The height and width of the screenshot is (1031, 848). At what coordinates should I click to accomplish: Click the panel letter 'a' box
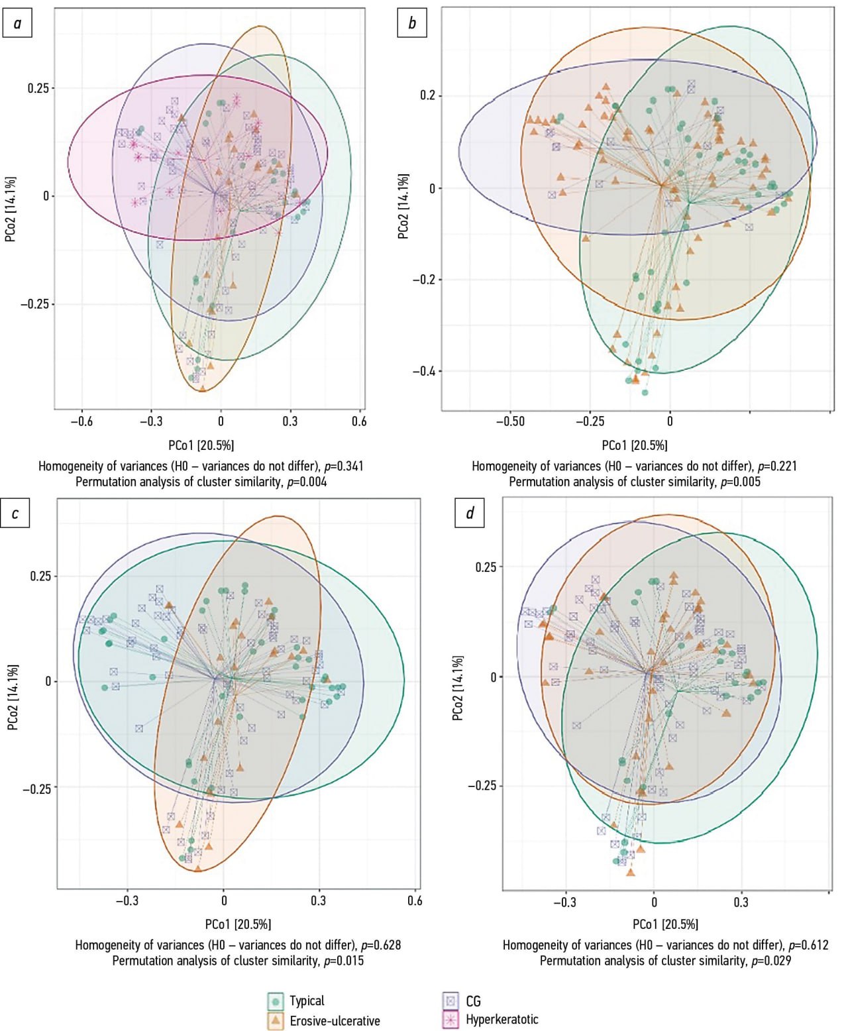click(x=17, y=24)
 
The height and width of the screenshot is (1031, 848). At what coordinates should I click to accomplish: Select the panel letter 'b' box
click(x=412, y=24)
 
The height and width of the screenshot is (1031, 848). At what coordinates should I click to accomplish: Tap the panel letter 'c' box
click(x=15, y=514)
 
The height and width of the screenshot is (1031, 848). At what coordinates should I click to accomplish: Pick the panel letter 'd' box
click(x=470, y=514)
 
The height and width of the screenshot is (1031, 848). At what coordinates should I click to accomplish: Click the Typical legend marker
click(x=276, y=1001)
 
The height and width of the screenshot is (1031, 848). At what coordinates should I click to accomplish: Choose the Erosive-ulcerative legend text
click(x=335, y=1020)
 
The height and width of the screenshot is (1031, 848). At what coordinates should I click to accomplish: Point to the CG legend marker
click(x=450, y=1001)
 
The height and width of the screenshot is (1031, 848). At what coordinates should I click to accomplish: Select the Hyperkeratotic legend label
click(x=502, y=1019)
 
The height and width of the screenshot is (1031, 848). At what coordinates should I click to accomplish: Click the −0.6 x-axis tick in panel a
click(x=81, y=421)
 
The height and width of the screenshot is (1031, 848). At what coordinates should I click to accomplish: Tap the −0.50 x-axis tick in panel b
click(x=510, y=421)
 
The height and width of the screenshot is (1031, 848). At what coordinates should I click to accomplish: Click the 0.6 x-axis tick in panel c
click(x=415, y=900)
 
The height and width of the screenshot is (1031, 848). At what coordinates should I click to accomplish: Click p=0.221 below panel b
click(x=777, y=466)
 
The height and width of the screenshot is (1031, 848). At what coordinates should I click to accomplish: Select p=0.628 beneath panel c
click(x=380, y=945)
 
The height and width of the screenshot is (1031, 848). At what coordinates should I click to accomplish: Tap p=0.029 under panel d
click(x=770, y=961)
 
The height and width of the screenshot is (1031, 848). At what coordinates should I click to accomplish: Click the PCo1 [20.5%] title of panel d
click(x=665, y=924)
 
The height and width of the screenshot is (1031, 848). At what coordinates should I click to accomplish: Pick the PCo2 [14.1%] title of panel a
click(x=11, y=209)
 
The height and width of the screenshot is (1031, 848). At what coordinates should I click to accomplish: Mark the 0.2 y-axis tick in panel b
click(x=428, y=95)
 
